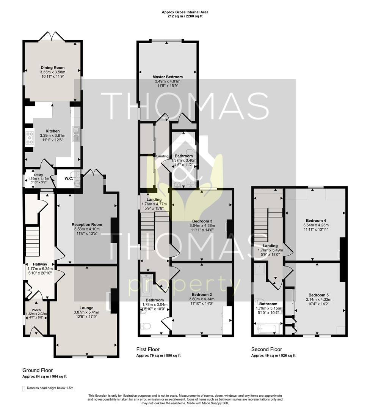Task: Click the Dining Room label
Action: (52, 68)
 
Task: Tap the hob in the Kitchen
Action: (30, 138)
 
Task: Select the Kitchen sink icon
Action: (76, 134)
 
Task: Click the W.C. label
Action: (69, 178)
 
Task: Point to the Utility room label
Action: (39, 175)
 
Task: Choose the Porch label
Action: (36, 310)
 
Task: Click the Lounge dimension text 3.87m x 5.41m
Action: (86, 312)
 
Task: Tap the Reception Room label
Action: (87, 225)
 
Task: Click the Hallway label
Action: (40, 264)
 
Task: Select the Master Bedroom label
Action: (168, 77)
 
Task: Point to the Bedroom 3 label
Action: (202, 221)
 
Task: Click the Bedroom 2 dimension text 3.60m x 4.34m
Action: (202, 299)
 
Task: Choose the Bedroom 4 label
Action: (316, 221)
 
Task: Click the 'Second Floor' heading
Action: (267, 349)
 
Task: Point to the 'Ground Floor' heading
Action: (38, 370)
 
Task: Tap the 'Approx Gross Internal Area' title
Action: (185, 12)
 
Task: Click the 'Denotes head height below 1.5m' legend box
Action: (24, 388)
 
